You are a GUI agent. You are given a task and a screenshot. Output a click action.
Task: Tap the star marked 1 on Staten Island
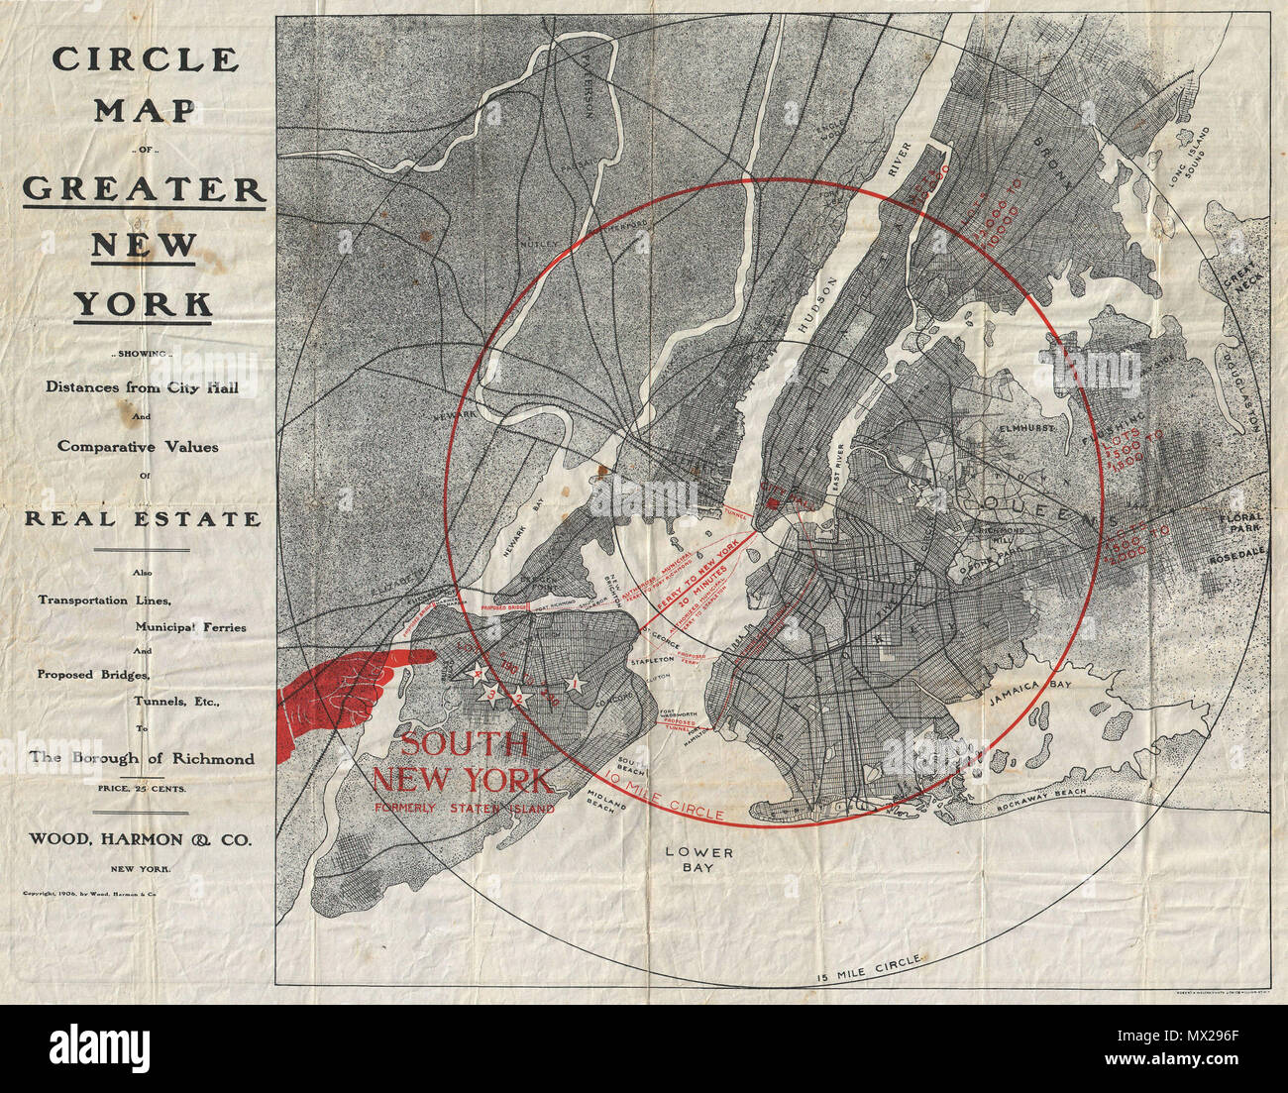574,683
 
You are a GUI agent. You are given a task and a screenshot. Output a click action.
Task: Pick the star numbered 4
480,675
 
